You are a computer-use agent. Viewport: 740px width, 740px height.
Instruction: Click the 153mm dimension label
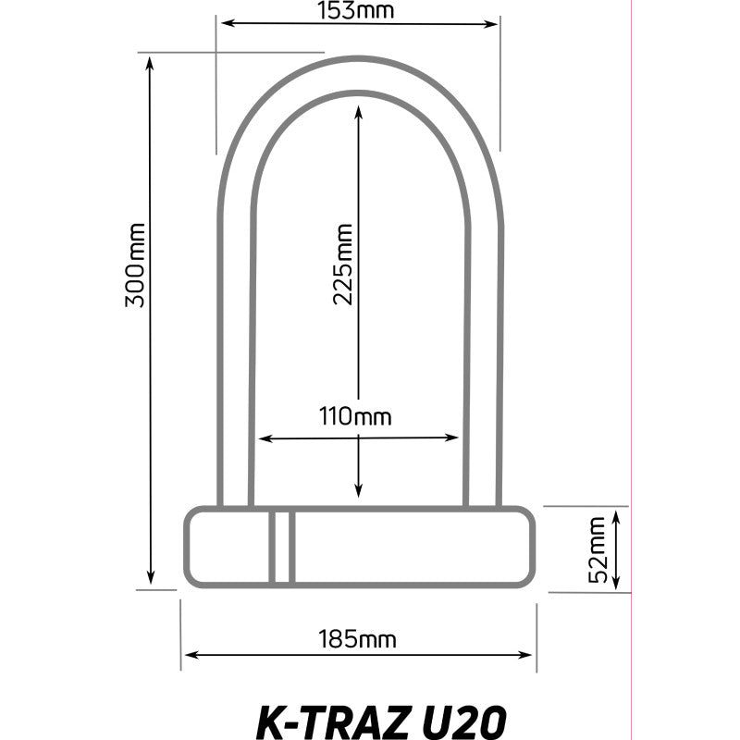click(x=355, y=10)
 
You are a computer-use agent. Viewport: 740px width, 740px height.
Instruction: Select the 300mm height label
click(x=135, y=265)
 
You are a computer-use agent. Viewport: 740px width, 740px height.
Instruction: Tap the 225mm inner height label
click(x=343, y=265)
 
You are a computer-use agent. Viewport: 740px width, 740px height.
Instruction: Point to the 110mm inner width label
click(x=355, y=416)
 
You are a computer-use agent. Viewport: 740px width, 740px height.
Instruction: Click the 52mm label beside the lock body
click(x=598, y=549)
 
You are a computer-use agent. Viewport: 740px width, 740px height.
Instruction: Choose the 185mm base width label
click(x=357, y=639)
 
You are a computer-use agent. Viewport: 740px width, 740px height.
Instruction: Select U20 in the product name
click(x=462, y=722)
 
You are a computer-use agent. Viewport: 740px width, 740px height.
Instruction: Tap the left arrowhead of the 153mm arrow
click(x=227, y=22)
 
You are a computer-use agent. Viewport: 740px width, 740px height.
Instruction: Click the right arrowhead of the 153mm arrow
click(x=492, y=25)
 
